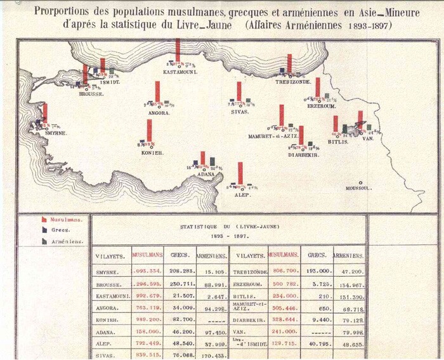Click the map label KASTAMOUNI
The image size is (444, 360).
point(178,72)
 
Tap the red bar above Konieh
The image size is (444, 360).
point(149,130)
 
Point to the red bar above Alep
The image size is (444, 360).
point(240,173)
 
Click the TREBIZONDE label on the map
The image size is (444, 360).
point(292,82)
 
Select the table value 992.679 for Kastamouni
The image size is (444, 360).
point(148,297)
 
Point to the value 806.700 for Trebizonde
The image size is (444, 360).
point(284,270)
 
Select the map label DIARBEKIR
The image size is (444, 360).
point(303,154)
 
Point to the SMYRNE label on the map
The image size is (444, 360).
point(56,133)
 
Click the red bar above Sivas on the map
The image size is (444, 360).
point(239,91)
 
